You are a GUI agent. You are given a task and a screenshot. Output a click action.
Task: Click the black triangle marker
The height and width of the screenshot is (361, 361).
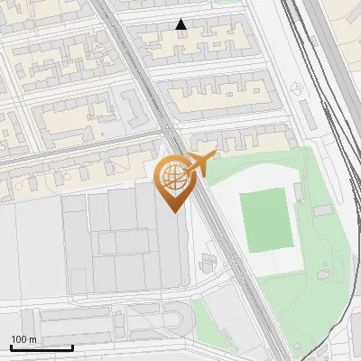[181, 25]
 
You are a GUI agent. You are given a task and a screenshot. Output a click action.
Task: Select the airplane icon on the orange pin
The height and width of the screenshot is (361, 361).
[198, 162]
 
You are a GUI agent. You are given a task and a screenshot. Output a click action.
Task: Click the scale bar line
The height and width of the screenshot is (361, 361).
[42, 347]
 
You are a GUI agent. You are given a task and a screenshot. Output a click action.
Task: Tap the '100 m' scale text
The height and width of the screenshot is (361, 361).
[23, 339]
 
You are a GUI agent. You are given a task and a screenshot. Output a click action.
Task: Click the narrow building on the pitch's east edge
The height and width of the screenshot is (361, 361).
[298, 192]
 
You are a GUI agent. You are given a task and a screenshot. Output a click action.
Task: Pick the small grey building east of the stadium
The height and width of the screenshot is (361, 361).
[322, 210]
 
